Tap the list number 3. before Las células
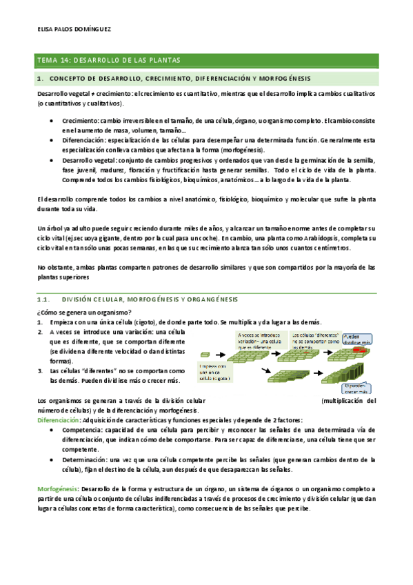point(41,370)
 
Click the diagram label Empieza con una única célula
point(216,372)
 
